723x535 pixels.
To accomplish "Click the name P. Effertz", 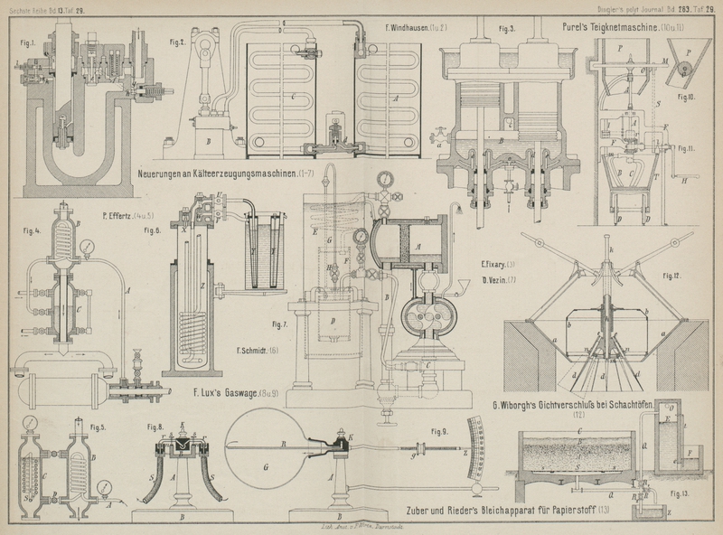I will coord(120,216).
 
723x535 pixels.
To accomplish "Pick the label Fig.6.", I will coord(150,230).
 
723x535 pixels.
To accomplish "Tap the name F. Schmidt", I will coord(256,350).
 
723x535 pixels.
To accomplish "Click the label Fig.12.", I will coord(672,274).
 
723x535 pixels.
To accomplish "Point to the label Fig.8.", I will coord(155,426).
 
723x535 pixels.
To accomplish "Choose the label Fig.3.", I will coord(506,29).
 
